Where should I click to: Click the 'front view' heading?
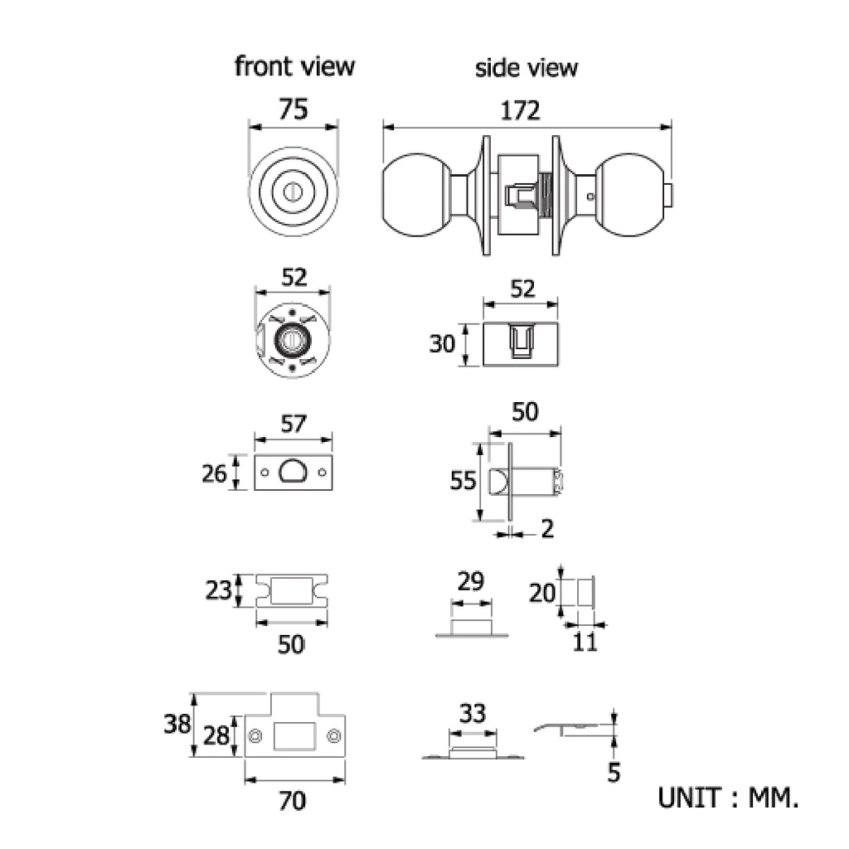point(294,66)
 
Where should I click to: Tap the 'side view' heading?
point(526,68)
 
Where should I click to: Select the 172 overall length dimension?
point(520,110)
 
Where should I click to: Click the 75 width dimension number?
point(294,109)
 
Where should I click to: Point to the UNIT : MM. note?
point(728,798)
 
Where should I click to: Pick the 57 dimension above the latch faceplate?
point(294,424)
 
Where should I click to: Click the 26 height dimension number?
point(214,473)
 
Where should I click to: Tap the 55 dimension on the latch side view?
point(463,481)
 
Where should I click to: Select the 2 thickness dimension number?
point(547,529)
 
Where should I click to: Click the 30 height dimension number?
point(442,344)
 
